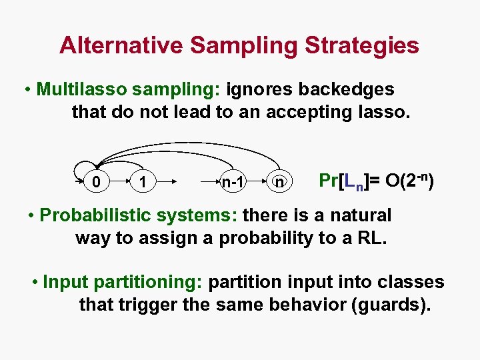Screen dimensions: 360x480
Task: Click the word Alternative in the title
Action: click(121, 45)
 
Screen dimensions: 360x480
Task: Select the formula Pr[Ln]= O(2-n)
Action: click(377, 181)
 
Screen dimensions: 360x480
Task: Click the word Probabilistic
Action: click(97, 215)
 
